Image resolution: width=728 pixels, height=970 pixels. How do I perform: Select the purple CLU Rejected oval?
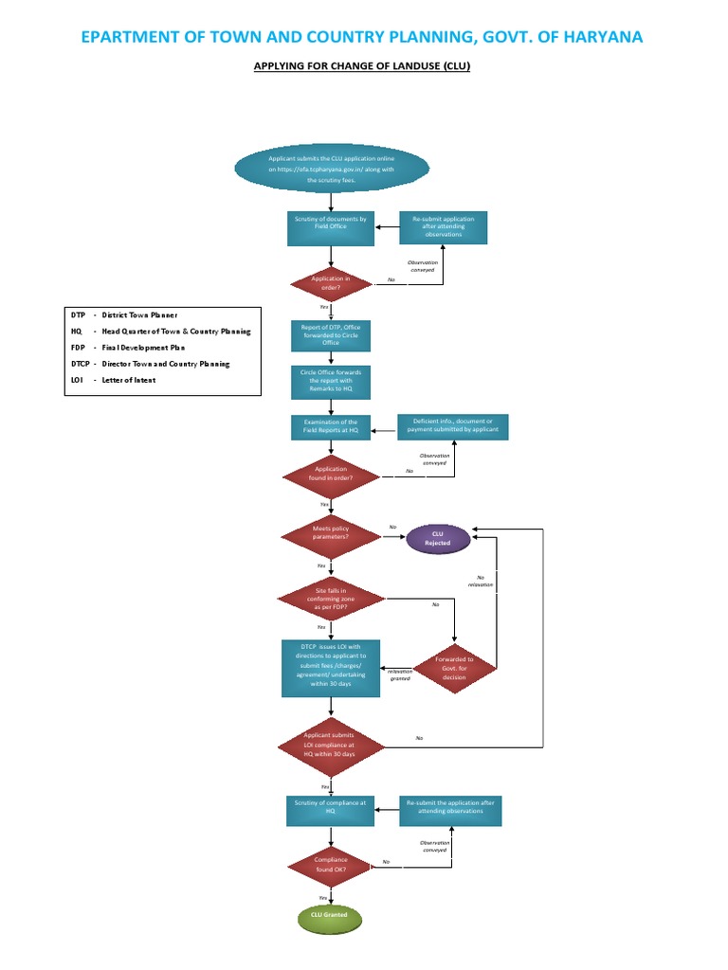pos(438,539)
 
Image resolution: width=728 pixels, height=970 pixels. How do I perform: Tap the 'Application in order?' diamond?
pos(330,282)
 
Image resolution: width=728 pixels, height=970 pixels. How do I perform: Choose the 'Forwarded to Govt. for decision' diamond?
pos(456,669)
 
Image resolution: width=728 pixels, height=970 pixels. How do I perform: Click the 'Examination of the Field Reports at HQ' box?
pos(330,426)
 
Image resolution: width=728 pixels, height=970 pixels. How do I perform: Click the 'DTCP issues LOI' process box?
pos(330,668)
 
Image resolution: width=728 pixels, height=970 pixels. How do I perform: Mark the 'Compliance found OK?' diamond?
pos(330,863)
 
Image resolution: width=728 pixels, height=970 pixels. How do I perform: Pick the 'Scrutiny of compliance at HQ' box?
pos(330,807)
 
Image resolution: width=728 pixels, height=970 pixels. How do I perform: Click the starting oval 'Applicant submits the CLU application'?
pos(330,168)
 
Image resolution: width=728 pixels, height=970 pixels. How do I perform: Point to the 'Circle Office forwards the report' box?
pos(330,383)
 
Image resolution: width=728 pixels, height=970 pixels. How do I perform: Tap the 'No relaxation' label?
pos(481,581)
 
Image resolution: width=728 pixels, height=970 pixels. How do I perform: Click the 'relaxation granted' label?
pos(399,675)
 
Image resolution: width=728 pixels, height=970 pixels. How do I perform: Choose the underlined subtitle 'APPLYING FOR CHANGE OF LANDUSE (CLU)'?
pos(363,67)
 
